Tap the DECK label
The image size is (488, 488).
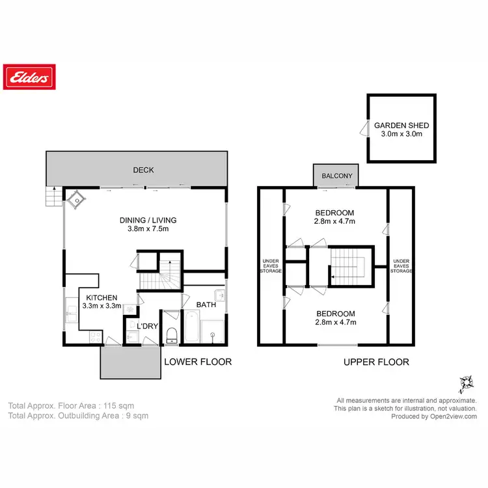pyautogui.click(x=143, y=170)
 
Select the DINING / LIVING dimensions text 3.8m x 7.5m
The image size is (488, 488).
pyautogui.click(x=148, y=228)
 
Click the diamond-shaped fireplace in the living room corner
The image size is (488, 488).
pyautogui.click(x=79, y=200)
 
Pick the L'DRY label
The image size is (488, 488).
pyautogui.click(x=146, y=325)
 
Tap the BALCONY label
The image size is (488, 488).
pyautogui.click(x=336, y=176)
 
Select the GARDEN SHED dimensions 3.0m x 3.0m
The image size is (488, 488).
pyautogui.click(x=401, y=134)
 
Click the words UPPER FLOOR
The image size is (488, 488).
pyautogui.click(x=376, y=362)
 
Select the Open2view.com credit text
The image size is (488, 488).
pyautogui.click(x=434, y=416)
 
